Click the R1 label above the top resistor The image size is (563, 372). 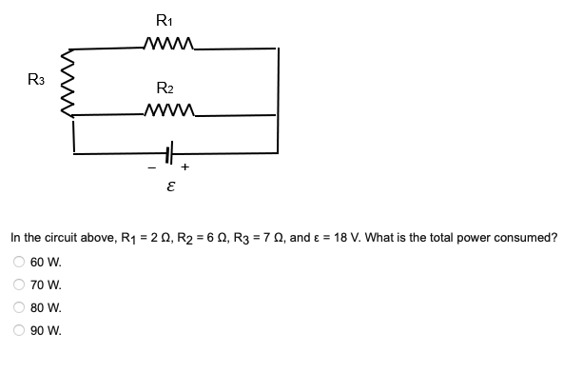click(164, 19)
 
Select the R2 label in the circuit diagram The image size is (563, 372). click(164, 88)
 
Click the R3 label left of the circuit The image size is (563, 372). click(34, 79)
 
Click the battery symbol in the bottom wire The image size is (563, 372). click(172, 151)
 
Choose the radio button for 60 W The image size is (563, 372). click(16, 262)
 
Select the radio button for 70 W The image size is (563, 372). click(16, 284)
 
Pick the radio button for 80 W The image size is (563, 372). click(16, 307)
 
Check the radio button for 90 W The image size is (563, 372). click(16, 330)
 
